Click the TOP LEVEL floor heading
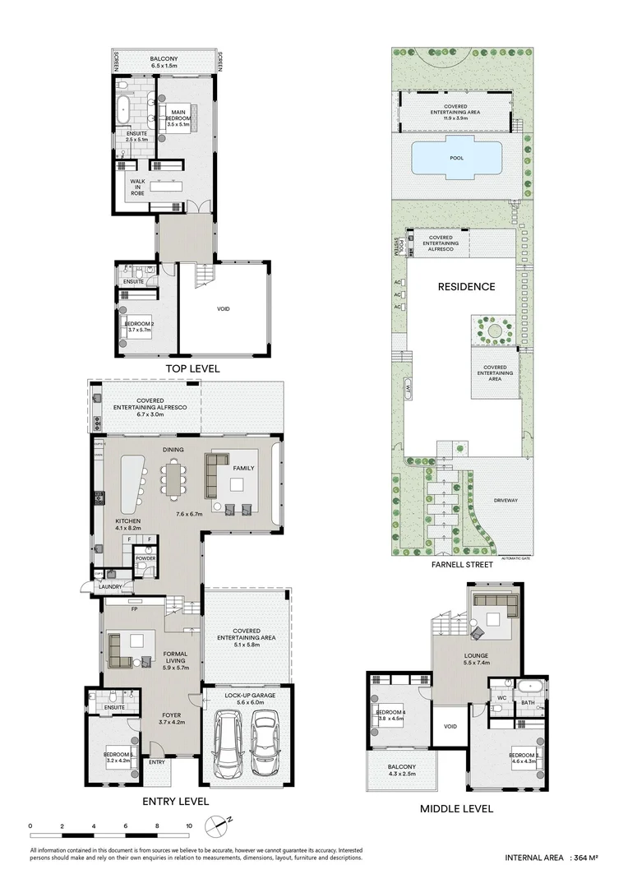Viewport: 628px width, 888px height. click(x=192, y=369)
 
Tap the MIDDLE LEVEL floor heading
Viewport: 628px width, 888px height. click(x=456, y=808)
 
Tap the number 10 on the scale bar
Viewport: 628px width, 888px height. click(x=189, y=826)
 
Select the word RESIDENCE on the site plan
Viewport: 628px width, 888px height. click(x=466, y=287)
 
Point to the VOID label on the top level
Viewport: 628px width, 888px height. click(x=223, y=309)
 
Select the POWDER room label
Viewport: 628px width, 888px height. click(x=145, y=558)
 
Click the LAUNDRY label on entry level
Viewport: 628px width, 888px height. click(x=110, y=587)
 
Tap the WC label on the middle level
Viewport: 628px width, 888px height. click(x=500, y=699)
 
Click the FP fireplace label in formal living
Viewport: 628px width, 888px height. click(x=132, y=609)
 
